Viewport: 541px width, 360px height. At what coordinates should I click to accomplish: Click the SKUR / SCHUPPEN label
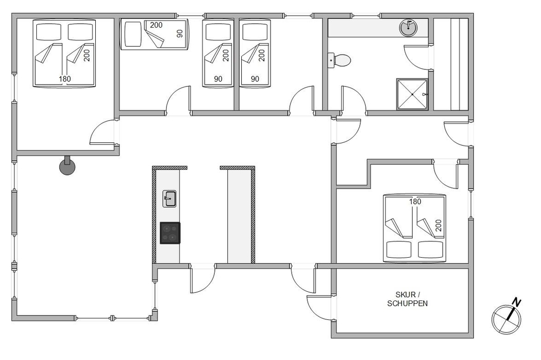(407, 299)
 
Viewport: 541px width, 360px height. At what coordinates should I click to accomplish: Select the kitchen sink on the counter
(169, 199)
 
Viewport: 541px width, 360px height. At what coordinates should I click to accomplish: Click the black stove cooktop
(170, 233)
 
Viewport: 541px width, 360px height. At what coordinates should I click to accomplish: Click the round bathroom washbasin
(408, 28)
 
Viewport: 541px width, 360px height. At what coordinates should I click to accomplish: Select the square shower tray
(412, 94)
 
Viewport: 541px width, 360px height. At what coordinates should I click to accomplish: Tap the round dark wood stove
(67, 166)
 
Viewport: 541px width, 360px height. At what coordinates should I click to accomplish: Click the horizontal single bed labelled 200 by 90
(155, 35)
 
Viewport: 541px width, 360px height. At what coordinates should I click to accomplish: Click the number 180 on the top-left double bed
(64, 79)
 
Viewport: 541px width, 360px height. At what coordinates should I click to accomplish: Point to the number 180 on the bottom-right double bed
(415, 201)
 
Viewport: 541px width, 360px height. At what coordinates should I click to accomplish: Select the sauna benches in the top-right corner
(451, 64)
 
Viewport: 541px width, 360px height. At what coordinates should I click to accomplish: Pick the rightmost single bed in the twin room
(255, 54)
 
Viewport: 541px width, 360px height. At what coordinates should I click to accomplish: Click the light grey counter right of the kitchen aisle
(239, 217)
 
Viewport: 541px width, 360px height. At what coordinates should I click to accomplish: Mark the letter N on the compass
(516, 303)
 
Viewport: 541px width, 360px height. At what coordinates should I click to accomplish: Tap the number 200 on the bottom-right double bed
(439, 225)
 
